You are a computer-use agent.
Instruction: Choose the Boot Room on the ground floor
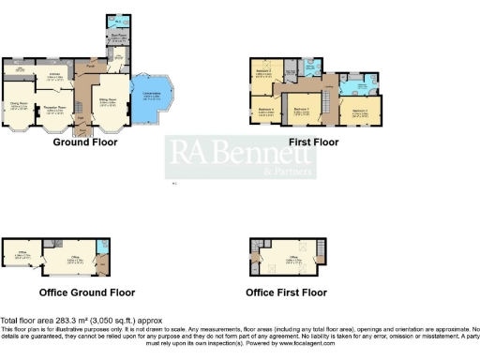pos(119,38)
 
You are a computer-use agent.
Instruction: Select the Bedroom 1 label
pos(301,109)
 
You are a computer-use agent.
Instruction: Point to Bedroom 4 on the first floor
pos(265,111)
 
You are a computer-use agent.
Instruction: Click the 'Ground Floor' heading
pos(83,142)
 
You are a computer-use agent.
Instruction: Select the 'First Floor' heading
pos(314,142)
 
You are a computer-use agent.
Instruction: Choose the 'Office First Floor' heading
pos(286,292)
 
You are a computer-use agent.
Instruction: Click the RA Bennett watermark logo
pos(240,157)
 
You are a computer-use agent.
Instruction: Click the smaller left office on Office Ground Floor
pos(20,254)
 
